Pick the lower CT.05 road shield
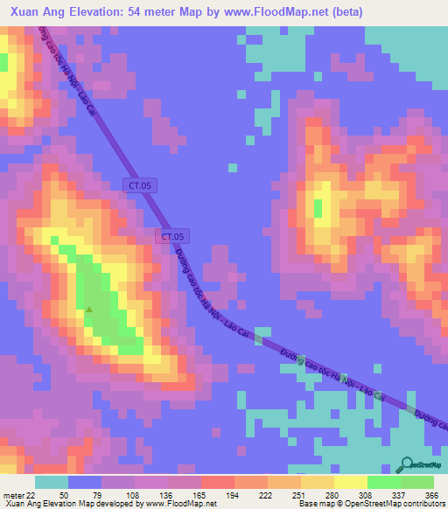point(172,236)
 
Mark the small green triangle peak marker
point(88,309)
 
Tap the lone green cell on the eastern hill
point(318,208)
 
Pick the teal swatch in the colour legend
point(51,483)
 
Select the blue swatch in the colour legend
point(85,483)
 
